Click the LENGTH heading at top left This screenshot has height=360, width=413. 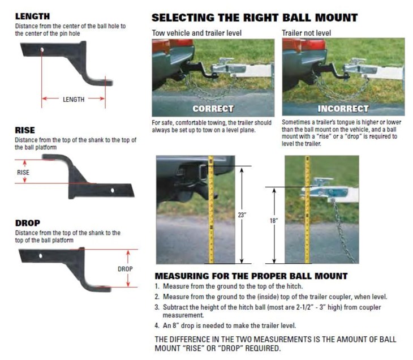pyautogui.click(x=32, y=16)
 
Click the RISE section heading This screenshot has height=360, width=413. pyautogui.click(x=25, y=130)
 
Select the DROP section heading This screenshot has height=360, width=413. pyautogui.click(x=28, y=223)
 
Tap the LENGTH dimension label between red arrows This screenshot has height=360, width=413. pyautogui.click(x=74, y=100)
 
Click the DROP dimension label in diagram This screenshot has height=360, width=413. pyautogui.click(x=125, y=269)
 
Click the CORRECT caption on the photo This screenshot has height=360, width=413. pyautogui.click(x=213, y=108)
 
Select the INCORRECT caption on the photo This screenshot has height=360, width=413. pyautogui.click(x=343, y=108)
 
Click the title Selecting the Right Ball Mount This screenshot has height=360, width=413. pyautogui.click(x=254, y=17)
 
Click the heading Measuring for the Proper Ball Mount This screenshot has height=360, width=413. pyautogui.click(x=251, y=276)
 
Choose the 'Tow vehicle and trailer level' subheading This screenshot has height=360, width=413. pyautogui.click(x=196, y=33)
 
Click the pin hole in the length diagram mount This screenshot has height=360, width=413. pyautogui.click(x=42, y=51)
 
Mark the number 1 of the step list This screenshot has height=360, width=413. pyautogui.click(x=157, y=286)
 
